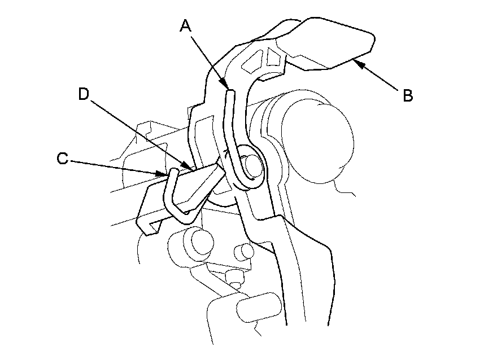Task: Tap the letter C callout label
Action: click(63, 160)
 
